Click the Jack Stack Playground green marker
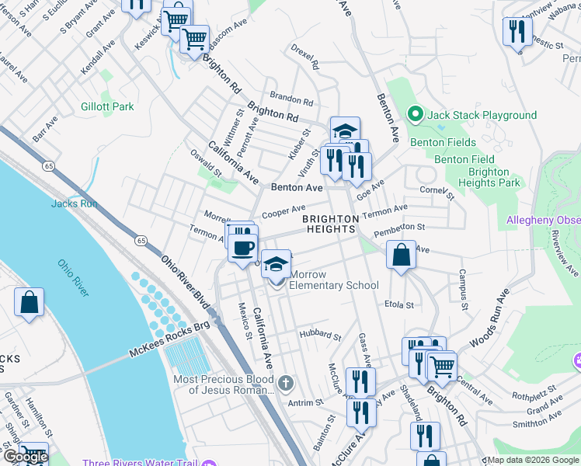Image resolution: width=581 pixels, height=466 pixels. [416, 115]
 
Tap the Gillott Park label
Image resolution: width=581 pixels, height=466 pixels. [107, 106]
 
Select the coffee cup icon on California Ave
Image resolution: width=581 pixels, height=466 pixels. [244, 247]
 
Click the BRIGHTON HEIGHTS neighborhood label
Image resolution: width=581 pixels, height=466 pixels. [330, 224]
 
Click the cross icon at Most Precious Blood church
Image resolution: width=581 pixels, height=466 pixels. [286, 382]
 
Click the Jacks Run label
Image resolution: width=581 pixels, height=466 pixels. [75, 203]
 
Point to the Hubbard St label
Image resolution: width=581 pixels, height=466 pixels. [321, 336]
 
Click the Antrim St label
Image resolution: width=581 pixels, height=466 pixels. [307, 402]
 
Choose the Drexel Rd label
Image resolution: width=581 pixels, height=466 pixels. [305, 61]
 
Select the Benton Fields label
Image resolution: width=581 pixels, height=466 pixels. [444, 142]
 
